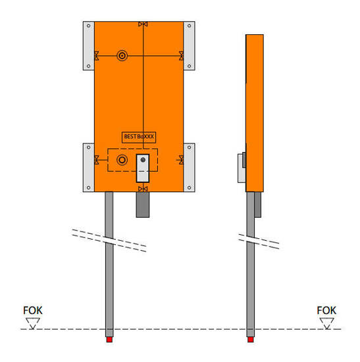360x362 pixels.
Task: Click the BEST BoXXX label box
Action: click(x=139, y=137)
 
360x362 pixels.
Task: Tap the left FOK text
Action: click(x=32, y=310)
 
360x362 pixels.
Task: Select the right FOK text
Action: click(x=326, y=310)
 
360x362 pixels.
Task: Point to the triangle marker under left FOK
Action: click(x=32, y=322)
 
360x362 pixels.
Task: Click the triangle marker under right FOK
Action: click(x=326, y=322)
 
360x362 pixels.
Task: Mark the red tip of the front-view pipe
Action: click(x=109, y=340)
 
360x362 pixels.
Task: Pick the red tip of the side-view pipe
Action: click(x=251, y=340)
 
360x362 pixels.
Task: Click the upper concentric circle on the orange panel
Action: click(x=122, y=56)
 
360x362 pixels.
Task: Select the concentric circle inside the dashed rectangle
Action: click(x=122, y=160)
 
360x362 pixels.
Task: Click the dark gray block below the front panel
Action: click(x=143, y=205)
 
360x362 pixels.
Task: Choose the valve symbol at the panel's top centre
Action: click(x=143, y=24)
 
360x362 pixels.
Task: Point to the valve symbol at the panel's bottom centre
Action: click(x=143, y=190)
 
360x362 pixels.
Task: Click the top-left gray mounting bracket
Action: click(x=89, y=45)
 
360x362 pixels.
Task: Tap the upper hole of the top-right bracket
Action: click(x=190, y=27)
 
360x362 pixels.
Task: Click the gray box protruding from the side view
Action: click(x=242, y=167)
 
